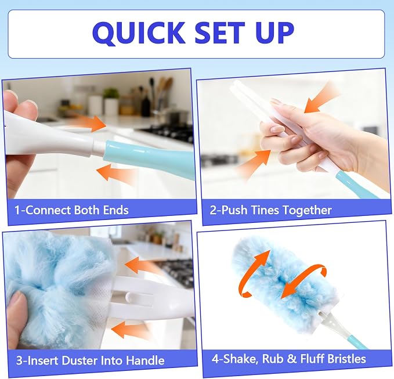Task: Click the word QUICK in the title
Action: pos(139,34)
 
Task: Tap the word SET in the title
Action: pos(219,33)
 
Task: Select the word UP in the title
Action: pos(274,33)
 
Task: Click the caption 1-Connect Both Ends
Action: pos(71,210)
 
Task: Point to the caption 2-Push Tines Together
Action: pos(271,210)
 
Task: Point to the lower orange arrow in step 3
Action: pos(129,330)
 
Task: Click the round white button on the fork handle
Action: pos(129,297)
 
